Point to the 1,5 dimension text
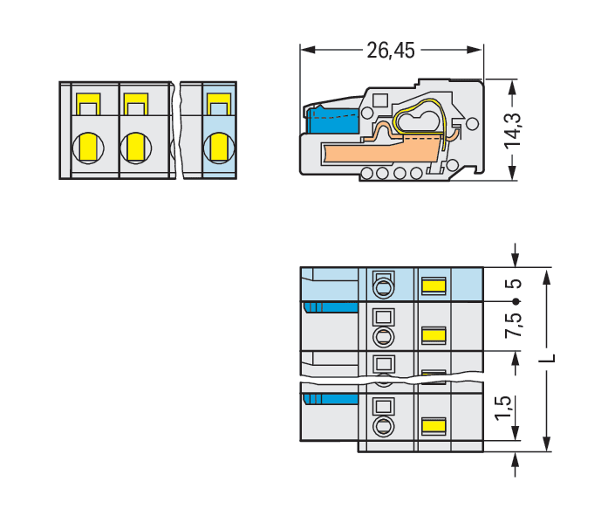pos(502,407)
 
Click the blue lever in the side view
pos(332,120)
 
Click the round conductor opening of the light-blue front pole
pos(219,146)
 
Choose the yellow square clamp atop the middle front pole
pos(134,106)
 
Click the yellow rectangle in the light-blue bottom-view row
pos(434,285)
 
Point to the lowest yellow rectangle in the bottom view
pos(434,426)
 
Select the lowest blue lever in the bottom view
pos(331,399)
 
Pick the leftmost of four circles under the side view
pos(366,173)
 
